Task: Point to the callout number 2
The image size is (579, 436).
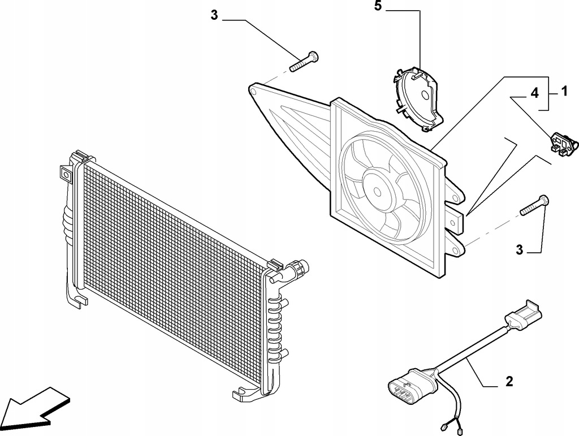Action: click(509, 382)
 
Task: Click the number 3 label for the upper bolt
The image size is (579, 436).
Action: click(214, 15)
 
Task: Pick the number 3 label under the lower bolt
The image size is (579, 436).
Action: click(520, 250)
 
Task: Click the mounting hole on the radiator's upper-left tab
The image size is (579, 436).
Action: click(66, 175)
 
